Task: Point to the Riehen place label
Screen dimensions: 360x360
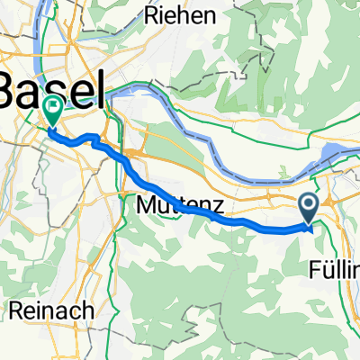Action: (185, 15)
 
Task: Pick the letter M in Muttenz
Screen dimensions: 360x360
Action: (146, 206)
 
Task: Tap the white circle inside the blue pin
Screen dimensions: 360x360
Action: (309, 206)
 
